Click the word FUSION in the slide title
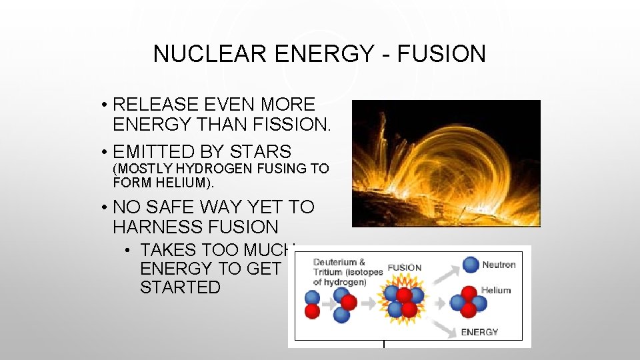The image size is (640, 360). [442, 54]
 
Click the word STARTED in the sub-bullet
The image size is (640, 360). [180, 287]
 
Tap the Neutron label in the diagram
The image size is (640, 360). [499, 265]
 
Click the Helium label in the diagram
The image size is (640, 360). [496, 290]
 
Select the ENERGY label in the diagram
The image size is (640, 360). [479, 332]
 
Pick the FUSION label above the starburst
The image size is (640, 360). [405, 268]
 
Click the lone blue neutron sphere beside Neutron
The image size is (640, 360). [471, 265]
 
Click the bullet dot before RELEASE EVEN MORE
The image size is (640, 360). [105, 105]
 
